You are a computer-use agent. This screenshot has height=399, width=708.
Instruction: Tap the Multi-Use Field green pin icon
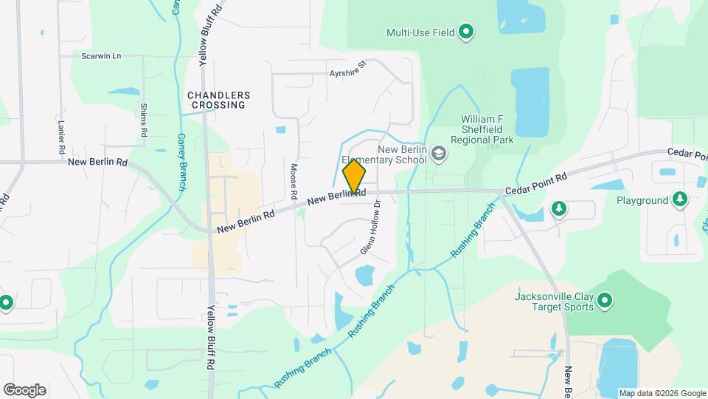pos(466,32)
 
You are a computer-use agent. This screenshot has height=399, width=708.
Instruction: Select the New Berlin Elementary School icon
pos(439,154)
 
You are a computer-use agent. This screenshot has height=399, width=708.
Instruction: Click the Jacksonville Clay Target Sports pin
pos(605,300)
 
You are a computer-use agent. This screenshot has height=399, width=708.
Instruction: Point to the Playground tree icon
pos(679,199)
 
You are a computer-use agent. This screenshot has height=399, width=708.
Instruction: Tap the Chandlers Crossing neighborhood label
pos(218,100)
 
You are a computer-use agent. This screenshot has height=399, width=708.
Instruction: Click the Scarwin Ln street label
pos(101,56)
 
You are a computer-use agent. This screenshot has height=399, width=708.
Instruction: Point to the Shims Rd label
pos(143,120)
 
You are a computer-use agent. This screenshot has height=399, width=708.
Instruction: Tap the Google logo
pos(24,389)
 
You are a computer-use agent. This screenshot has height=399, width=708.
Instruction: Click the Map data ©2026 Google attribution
pos(662,393)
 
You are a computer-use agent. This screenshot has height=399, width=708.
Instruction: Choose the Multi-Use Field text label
pos(420,33)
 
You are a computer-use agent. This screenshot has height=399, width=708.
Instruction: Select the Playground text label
pos(642,200)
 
